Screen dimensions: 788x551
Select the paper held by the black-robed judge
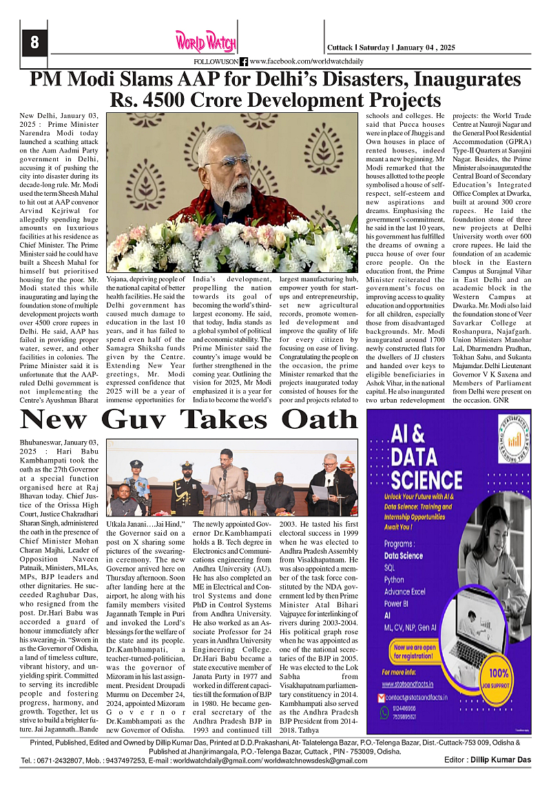(x=320, y=492)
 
